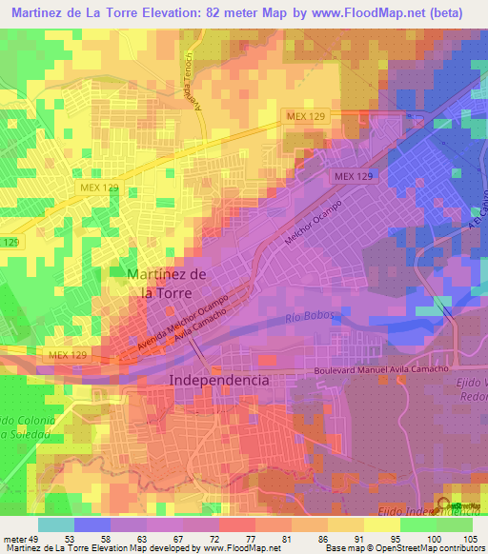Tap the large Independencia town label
219,379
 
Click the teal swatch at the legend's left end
56,524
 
